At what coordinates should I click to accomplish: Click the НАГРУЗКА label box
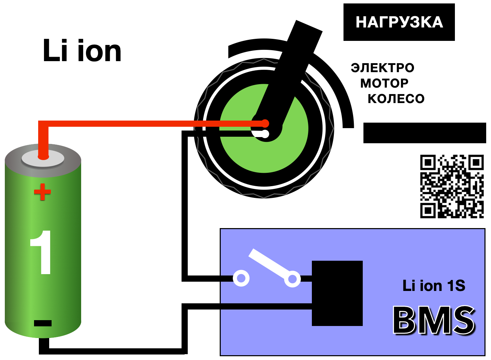[x=399, y=22]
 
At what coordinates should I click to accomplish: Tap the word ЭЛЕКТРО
[x=382, y=68]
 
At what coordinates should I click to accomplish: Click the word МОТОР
[x=384, y=83]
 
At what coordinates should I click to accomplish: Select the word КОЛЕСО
[x=396, y=99]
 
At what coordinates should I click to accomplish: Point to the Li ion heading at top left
[x=82, y=51]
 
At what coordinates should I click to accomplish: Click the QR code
[x=452, y=186]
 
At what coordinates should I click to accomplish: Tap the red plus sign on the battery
[x=42, y=192]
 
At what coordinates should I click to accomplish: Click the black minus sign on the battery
[x=43, y=323]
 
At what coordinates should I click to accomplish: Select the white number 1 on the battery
[x=42, y=252]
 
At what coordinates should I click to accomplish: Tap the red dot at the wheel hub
[x=265, y=123]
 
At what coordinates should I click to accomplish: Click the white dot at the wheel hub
[x=265, y=134]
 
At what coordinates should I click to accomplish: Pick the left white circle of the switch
[x=241, y=278]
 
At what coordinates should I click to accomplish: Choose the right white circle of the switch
[x=292, y=279]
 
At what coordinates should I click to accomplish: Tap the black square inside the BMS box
[x=337, y=293]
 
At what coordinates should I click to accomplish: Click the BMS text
[x=434, y=320]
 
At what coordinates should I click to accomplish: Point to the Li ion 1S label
[x=434, y=286]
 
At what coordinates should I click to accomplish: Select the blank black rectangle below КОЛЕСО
[x=424, y=133]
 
